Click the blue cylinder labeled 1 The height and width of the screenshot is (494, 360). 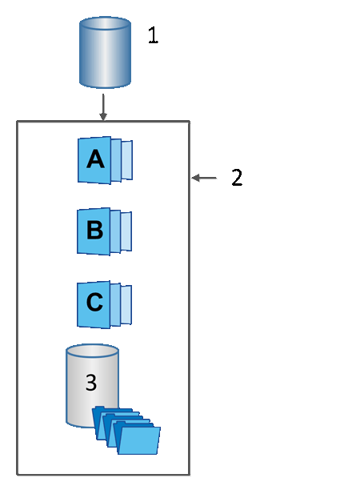pyautogui.click(x=104, y=54)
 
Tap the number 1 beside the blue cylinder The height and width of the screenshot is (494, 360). pyautogui.click(x=154, y=35)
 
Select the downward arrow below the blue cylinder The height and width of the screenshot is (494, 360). pyautogui.click(x=103, y=106)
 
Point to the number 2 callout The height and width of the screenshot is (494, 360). pyautogui.click(x=237, y=178)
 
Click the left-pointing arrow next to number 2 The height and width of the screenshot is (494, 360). pyautogui.click(x=205, y=178)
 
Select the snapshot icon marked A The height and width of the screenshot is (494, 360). pyautogui.click(x=103, y=160)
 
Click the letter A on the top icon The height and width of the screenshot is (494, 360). pyautogui.click(x=94, y=159)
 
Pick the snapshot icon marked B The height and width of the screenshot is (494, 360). pyautogui.click(x=103, y=231)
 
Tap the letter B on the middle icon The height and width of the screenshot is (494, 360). pyautogui.click(x=94, y=231)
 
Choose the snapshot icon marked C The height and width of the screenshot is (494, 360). pyautogui.click(x=103, y=303)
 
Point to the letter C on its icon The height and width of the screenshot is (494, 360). pyautogui.click(x=94, y=303)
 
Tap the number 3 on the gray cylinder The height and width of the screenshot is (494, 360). pyautogui.click(x=90, y=383)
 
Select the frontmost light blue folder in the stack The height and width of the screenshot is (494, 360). pyautogui.click(x=138, y=440)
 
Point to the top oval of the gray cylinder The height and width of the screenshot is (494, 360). pyautogui.click(x=92, y=352)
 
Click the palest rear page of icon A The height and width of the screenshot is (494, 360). pyautogui.click(x=127, y=160)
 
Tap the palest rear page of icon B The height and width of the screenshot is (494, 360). pyautogui.click(x=127, y=232)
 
